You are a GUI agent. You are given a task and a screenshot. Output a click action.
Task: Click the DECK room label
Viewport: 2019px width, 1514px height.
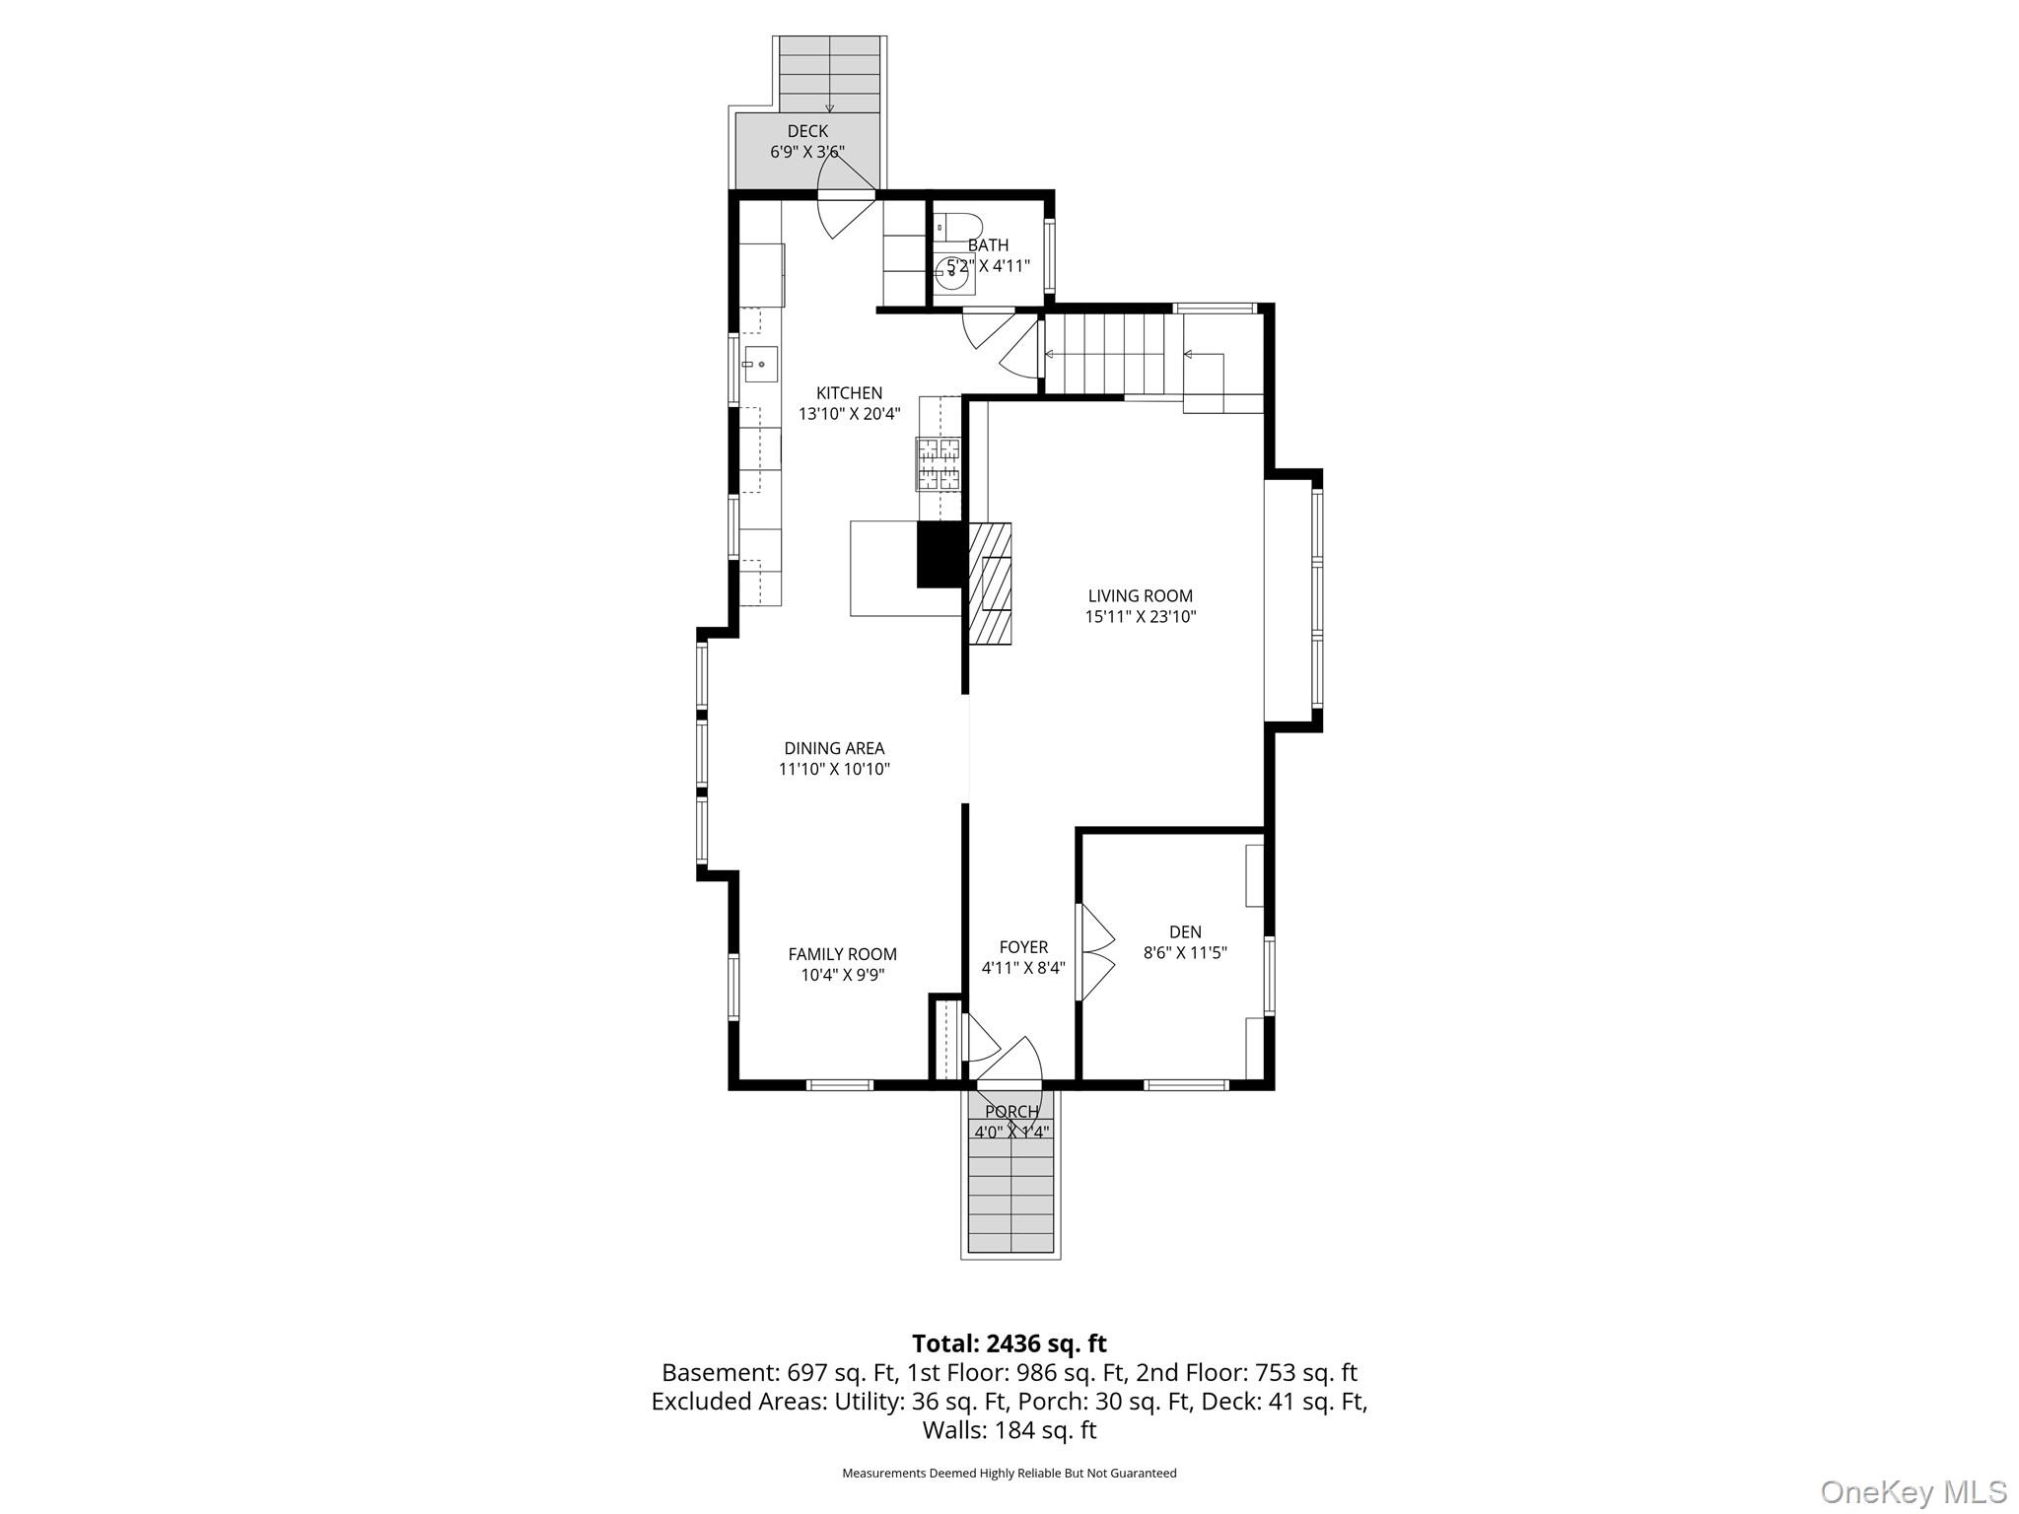[807, 131]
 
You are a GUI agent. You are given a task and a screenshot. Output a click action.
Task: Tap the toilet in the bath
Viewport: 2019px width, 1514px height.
[957, 227]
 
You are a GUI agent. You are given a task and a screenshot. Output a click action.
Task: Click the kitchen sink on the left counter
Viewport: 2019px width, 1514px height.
[760, 364]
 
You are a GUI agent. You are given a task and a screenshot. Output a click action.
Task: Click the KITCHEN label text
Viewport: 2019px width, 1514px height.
[849, 393]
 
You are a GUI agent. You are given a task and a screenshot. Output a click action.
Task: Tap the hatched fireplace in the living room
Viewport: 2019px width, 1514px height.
[990, 584]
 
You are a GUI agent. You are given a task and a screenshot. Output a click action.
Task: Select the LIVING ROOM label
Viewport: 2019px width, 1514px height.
[1141, 595]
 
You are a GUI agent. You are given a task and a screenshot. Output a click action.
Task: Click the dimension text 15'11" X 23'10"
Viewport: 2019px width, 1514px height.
[1141, 617]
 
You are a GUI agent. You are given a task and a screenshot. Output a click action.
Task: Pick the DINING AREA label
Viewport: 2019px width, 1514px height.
[834, 748]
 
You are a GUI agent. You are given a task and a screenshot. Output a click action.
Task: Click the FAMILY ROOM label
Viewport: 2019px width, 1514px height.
[843, 954]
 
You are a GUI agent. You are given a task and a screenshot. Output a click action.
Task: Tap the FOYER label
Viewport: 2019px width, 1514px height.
[1023, 947]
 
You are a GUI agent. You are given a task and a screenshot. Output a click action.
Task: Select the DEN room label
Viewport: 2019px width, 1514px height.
[1185, 931]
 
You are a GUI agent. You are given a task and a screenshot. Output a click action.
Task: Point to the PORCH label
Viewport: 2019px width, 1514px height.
[1011, 1112]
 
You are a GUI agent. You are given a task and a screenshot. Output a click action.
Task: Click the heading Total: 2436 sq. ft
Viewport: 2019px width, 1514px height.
[1009, 1343]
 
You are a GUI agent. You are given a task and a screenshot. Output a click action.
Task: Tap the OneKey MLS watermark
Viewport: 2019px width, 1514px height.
[1913, 1491]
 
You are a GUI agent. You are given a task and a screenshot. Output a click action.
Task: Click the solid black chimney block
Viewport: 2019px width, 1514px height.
[940, 555]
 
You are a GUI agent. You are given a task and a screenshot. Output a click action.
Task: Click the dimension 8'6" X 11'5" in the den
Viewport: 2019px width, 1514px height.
[1185, 953]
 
